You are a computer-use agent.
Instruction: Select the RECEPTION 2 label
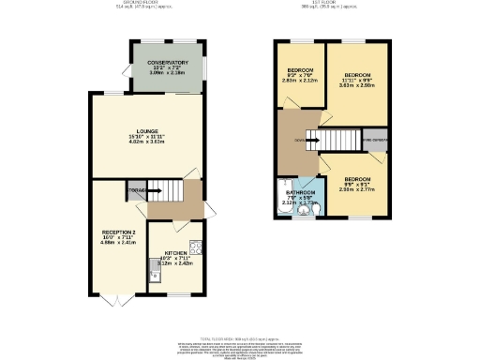pyautogui.click(x=119, y=232)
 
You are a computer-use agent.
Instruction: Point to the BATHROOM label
pyautogui.click(x=300, y=193)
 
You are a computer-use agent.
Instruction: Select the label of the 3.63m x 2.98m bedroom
pyautogui.click(x=356, y=73)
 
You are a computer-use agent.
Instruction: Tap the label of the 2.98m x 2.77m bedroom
pyautogui.click(x=356, y=178)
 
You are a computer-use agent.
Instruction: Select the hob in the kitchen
pyautogui.click(x=196, y=248)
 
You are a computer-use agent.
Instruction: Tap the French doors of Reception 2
pyautogui.click(x=112, y=299)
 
